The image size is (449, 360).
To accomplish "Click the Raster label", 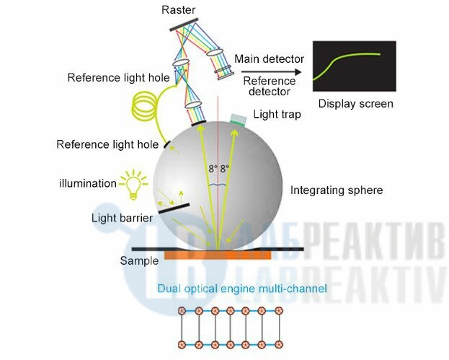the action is pyautogui.click(x=179, y=10).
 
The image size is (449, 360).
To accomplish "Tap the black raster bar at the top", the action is pyautogui.click(x=184, y=25).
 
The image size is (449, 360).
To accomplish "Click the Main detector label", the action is pyautogui.click(x=269, y=59).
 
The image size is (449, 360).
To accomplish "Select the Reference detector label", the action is pyautogui.click(x=269, y=87).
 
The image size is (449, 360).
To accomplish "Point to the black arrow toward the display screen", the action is pyautogui.click(x=271, y=72).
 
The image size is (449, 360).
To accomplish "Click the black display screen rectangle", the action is pyautogui.click(x=354, y=66).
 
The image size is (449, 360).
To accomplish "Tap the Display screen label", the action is pyautogui.click(x=355, y=104).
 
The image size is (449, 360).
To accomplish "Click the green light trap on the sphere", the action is pyautogui.click(x=239, y=120).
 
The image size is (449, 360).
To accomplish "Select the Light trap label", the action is pyautogui.click(x=277, y=115).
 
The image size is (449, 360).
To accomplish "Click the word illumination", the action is pyautogui.click(x=88, y=183).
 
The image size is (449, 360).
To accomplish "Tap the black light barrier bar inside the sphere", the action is pyautogui.click(x=174, y=208).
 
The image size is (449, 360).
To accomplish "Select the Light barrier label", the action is pyautogui.click(x=122, y=218).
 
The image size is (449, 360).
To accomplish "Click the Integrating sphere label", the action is pyautogui.click(x=337, y=190).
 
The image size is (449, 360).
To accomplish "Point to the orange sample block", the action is pyautogui.click(x=218, y=255).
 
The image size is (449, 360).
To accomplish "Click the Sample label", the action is pyautogui.click(x=139, y=261).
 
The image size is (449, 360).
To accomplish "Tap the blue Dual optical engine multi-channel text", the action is pyautogui.click(x=242, y=289).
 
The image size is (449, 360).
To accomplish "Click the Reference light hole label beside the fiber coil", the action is pyautogui.click(x=118, y=78).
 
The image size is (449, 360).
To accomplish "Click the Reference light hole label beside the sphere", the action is pyautogui.click(x=107, y=144).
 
